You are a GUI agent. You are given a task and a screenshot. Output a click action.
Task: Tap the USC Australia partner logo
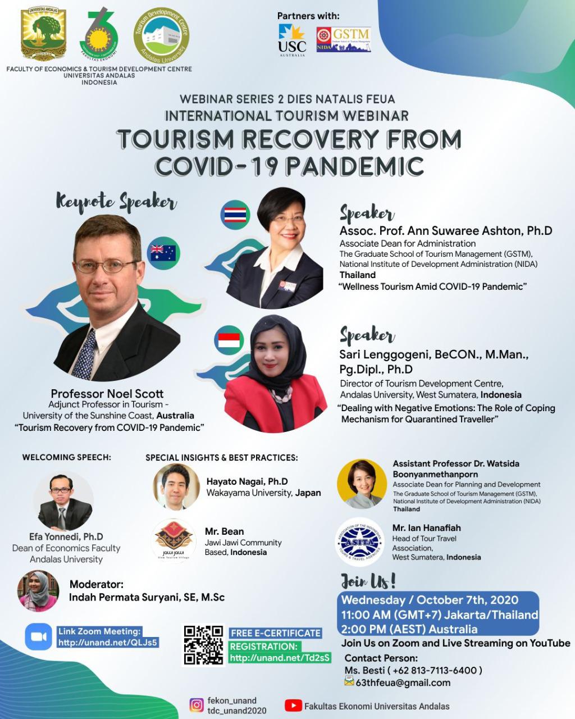point(292,40)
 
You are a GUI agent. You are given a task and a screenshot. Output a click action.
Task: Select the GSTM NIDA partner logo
point(344,39)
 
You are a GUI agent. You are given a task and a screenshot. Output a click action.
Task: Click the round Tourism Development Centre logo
point(161,35)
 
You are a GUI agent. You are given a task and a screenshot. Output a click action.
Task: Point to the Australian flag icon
point(163,253)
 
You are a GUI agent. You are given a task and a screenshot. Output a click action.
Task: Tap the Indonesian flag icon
point(229,340)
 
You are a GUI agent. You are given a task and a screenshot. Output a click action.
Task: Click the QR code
point(203,645)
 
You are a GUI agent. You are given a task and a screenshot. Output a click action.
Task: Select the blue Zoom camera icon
point(39,636)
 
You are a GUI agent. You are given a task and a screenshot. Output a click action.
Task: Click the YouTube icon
point(293,706)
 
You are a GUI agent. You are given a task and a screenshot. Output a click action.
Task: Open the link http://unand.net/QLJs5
point(108,642)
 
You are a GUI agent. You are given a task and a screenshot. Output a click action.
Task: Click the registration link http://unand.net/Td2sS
point(280,658)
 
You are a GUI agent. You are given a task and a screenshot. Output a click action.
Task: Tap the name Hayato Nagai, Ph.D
point(247,481)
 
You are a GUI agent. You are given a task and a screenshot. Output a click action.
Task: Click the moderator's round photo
point(39,591)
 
